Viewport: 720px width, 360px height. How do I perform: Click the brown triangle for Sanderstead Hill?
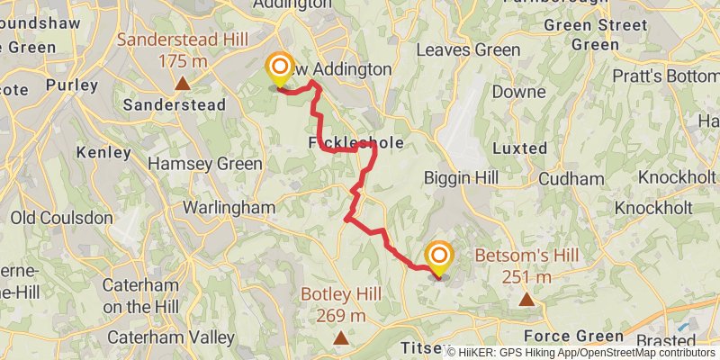(x=182, y=84)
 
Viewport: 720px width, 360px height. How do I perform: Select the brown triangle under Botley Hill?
(x=340, y=338)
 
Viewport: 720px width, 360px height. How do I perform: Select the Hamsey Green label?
(x=205, y=164)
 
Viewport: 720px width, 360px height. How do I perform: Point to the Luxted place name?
(x=520, y=148)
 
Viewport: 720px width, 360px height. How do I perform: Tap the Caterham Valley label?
(x=170, y=337)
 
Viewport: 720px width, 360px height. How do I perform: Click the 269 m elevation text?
(x=340, y=315)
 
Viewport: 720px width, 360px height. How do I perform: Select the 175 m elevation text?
(x=183, y=61)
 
